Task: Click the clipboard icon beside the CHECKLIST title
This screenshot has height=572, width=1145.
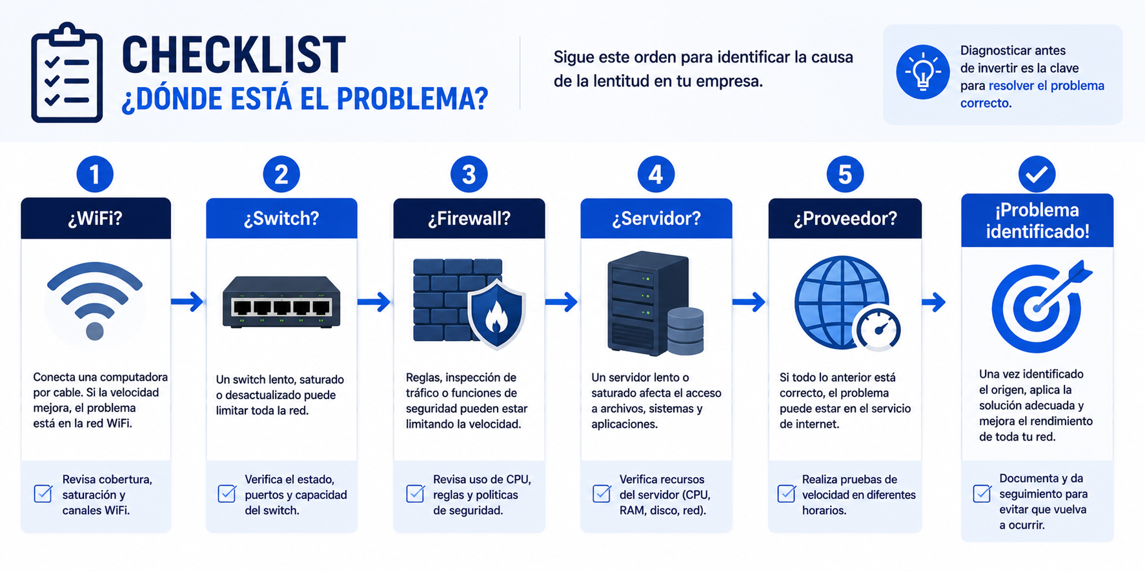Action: coord(66,72)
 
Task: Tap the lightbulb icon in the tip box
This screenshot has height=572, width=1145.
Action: coord(922,72)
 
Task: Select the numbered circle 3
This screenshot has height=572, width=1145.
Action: coord(469,174)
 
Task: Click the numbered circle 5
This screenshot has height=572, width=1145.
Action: coord(845,174)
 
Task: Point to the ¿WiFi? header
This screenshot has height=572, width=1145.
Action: coord(96,219)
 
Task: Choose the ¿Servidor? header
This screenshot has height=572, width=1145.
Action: coord(656,219)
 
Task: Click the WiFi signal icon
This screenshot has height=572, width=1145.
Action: coord(95,300)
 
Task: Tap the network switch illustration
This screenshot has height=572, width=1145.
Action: coord(281,302)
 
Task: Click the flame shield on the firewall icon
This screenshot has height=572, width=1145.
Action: coord(496,313)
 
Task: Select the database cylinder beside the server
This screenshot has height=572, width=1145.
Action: coord(685,331)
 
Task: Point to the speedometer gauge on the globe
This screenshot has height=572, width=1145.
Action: coord(877,328)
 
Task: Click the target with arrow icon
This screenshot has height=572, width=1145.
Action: coord(1039,306)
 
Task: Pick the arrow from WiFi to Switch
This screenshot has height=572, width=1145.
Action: coord(187,301)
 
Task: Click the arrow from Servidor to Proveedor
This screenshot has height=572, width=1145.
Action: coord(749,301)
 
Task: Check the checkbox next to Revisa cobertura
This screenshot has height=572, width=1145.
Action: coord(43,493)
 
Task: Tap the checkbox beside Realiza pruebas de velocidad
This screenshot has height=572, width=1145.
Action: coord(787,493)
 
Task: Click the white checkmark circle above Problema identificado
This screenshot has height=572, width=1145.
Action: coord(1037,174)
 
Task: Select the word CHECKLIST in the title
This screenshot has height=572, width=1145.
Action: coord(234,55)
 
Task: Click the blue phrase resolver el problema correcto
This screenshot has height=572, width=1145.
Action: coord(1032,94)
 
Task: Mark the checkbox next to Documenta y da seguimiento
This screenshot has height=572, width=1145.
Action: coord(982,493)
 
